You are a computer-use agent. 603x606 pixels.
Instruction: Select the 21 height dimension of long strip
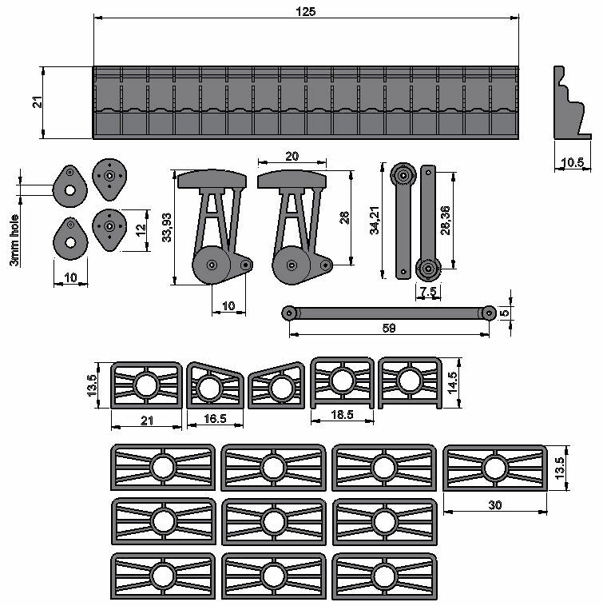coord(37,103)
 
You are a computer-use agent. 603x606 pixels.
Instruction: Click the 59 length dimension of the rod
coord(389,327)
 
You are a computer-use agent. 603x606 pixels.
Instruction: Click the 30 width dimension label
coord(494,505)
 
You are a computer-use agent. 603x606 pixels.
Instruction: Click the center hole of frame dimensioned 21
coord(145,385)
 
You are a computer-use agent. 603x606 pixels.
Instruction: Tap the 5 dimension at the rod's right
coord(504,313)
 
